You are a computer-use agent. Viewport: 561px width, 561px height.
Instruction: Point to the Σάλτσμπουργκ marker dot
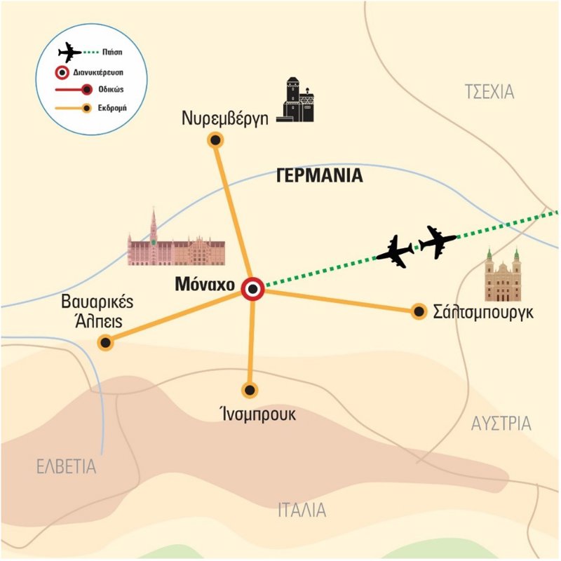[x=419, y=311]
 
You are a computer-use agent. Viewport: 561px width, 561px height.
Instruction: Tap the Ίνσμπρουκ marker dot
[x=249, y=390]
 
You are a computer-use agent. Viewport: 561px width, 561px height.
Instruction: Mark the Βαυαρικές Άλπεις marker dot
[x=106, y=342]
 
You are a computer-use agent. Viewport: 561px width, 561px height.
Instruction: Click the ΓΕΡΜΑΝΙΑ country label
[x=320, y=176]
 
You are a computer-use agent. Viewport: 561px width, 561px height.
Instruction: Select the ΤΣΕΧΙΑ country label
[x=490, y=91]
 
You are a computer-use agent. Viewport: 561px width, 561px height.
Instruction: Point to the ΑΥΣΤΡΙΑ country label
[x=500, y=424]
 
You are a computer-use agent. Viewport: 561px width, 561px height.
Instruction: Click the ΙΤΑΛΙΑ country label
[x=301, y=509]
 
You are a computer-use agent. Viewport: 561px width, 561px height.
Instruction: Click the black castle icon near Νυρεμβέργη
[x=298, y=100]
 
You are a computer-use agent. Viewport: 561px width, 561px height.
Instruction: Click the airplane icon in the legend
[x=69, y=53]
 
